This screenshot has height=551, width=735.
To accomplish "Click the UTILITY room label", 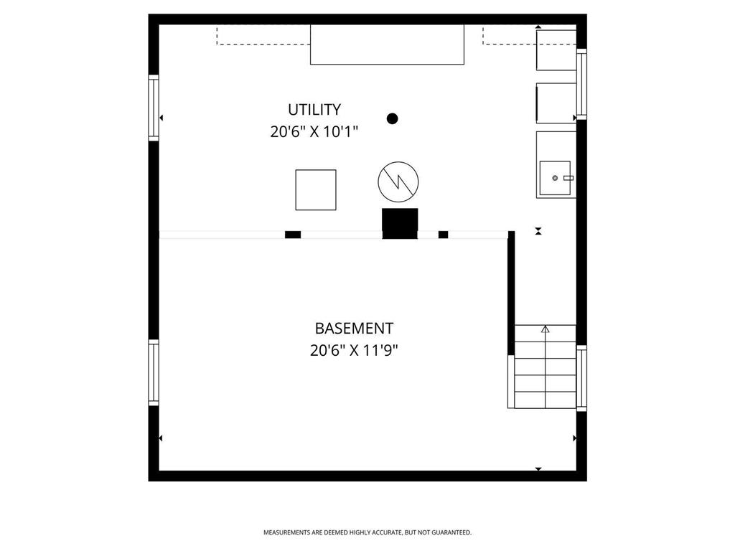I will pos(314,110).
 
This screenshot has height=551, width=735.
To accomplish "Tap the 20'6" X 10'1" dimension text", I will pos(314,132).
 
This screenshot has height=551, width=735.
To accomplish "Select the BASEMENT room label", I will pos(354,329).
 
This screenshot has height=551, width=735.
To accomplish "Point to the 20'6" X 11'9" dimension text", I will pos(354,351).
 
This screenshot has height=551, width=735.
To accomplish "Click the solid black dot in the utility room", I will pos(392,118).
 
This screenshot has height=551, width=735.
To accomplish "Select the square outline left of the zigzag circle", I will pos(316,190).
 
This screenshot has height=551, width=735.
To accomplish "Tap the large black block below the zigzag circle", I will pos(400,223).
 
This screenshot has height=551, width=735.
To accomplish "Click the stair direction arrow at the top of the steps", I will pos(545,330).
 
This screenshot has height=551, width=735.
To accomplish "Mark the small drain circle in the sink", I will pos(554,178).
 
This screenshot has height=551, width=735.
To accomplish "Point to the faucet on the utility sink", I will pos(568,177).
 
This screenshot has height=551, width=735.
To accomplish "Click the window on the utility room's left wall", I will pos(154,107).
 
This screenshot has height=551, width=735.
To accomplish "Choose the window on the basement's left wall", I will pos(154,372).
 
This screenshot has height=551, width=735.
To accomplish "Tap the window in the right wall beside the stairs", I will pos(581,378).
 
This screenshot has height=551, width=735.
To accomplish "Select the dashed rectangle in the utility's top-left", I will pos(263,36).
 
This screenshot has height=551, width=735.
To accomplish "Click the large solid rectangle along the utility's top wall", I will pos(387,44).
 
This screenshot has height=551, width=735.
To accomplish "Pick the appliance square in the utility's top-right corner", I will pos(556,50).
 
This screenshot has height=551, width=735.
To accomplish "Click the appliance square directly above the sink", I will pos(556,103).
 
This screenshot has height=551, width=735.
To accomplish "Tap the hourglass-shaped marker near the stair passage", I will pos(538,231).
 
